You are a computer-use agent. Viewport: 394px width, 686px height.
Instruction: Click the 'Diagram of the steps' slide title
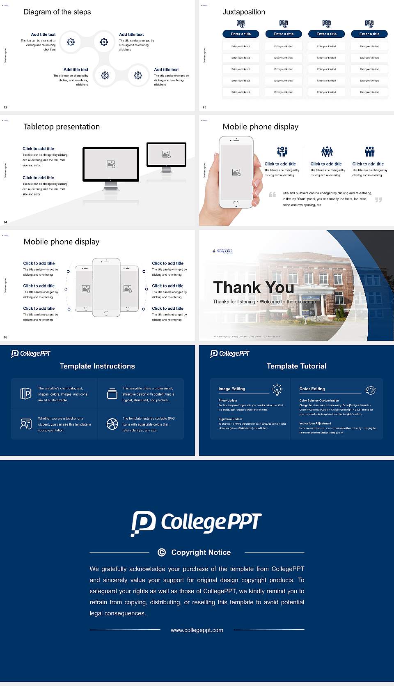click(x=57, y=12)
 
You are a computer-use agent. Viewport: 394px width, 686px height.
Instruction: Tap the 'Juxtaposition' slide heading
click(x=243, y=12)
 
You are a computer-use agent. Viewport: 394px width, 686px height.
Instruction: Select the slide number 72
click(x=5, y=107)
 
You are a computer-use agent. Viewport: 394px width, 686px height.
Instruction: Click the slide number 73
click(x=204, y=107)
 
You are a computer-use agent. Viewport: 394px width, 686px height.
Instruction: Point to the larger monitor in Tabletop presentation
click(x=111, y=164)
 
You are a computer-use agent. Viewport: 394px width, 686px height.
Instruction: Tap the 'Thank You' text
click(x=253, y=288)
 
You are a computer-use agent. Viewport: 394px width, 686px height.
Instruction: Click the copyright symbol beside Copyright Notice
click(x=162, y=552)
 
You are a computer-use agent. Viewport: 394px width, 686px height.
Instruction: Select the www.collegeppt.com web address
click(x=197, y=630)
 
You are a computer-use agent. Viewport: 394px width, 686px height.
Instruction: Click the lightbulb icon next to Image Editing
click(x=277, y=389)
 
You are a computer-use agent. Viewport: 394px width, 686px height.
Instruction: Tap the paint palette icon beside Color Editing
click(x=371, y=390)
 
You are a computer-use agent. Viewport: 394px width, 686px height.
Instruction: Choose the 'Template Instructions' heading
click(x=97, y=366)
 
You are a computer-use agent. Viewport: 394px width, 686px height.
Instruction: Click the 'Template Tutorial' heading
click(x=296, y=366)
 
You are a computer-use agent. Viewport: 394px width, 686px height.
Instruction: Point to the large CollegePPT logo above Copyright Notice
click(x=196, y=523)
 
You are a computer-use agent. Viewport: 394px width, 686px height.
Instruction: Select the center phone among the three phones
click(x=106, y=288)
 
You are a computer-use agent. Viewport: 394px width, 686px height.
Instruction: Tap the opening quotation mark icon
click(x=273, y=194)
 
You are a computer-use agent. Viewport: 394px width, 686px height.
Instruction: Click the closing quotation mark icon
click(x=378, y=200)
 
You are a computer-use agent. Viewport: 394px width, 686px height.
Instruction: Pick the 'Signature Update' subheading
click(x=230, y=419)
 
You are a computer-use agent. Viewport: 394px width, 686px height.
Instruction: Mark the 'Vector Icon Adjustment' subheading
click(x=315, y=423)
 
